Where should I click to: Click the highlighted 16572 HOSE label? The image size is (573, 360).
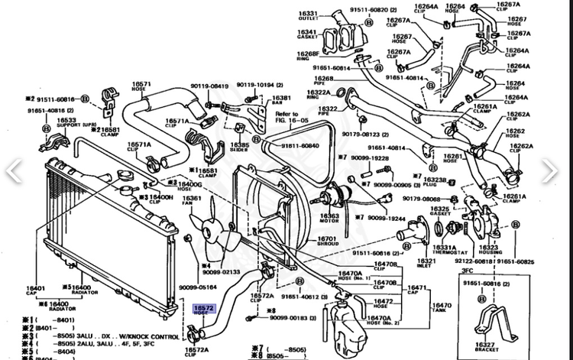tap(204, 309)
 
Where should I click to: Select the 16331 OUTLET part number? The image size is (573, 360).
tap(308, 16)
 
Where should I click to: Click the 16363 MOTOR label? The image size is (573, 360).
tap(329, 219)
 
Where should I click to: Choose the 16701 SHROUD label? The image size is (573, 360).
tap(328, 241)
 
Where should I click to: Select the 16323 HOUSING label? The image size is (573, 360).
tap(489, 250)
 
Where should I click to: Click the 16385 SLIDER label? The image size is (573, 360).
tap(239, 146)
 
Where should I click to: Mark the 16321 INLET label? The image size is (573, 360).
tap(426, 263)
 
